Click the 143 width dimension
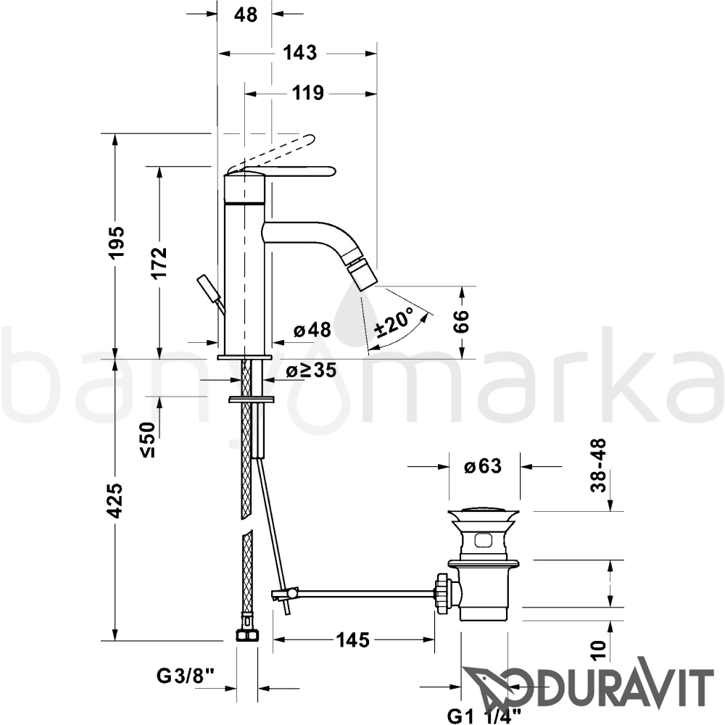pyautogui.click(x=300, y=53)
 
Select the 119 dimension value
pyautogui.click(x=308, y=94)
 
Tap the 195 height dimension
pyautogui.click(x=117, y=242)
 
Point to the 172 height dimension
pyautogui.click(x=159, y=262)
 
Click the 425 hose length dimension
pyautogui.click(x=115, y=500)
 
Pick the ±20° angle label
pyautogui.click(x=394, y=322)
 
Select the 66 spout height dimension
pyautogui.click(x=460, y=321)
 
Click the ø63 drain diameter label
pyautogui.click(x=483, y=466)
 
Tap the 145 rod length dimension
pyautogui.click(x=352, y=640)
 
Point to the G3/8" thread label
pyautogui.click(x=186, y=676)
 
